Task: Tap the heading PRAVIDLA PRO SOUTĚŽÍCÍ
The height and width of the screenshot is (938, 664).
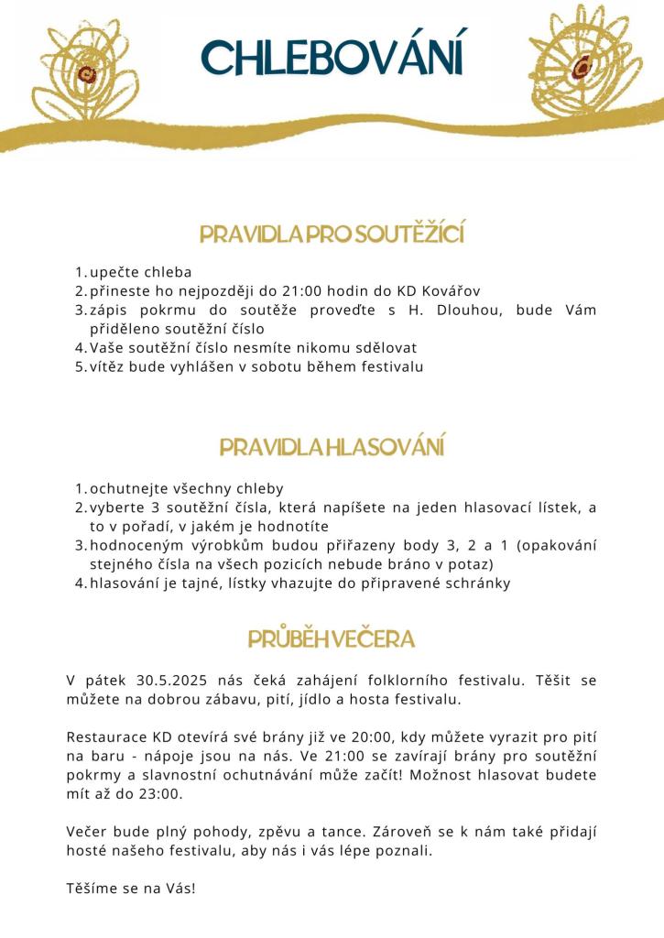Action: click(x=332, y=234)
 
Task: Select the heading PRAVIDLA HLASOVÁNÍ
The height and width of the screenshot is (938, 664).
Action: click(x=332, y=448)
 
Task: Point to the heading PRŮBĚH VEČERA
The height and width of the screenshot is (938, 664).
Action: click(x=332, y=638)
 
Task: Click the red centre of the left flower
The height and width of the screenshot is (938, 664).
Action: click(x=86, y=74)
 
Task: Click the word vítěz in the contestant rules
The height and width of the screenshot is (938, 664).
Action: click(x=107, y=366)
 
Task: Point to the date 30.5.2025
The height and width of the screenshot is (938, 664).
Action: click(x=174, y=680)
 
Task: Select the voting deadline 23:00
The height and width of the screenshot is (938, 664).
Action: click(x=163, y=794)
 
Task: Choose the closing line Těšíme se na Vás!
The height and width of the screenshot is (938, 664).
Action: click(x=131, y=889)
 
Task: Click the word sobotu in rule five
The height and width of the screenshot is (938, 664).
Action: click(x=319, y=366)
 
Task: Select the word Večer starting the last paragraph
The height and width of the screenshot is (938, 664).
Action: click(x=88, y=832)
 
